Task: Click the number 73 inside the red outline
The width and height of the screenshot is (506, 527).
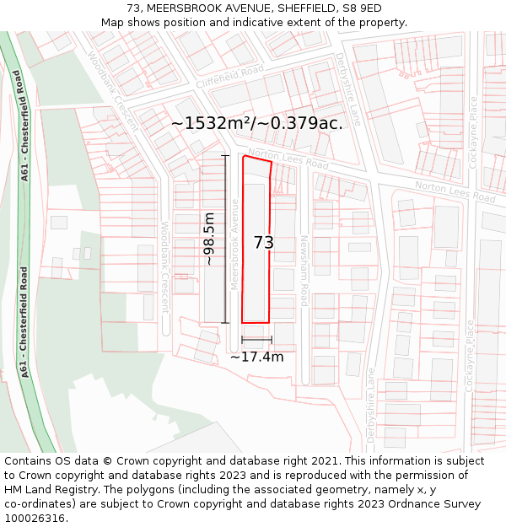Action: click(264, 243)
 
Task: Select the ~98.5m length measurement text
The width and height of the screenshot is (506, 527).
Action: click(209, 239)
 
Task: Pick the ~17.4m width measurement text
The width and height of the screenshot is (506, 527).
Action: click(257, 357)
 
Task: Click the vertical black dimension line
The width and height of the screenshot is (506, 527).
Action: click(225, 239)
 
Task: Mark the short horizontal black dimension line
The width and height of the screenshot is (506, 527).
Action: click(256, 340)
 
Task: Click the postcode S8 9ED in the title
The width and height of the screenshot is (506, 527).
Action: click(362, 8)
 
